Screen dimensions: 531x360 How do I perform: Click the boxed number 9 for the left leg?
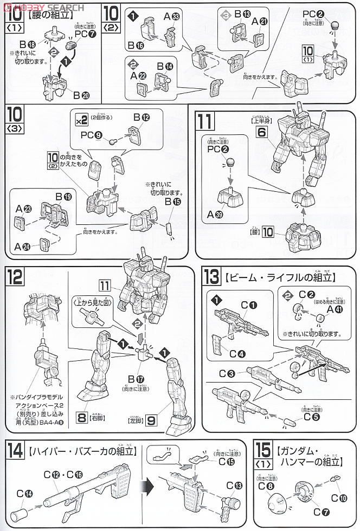(152, 418)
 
